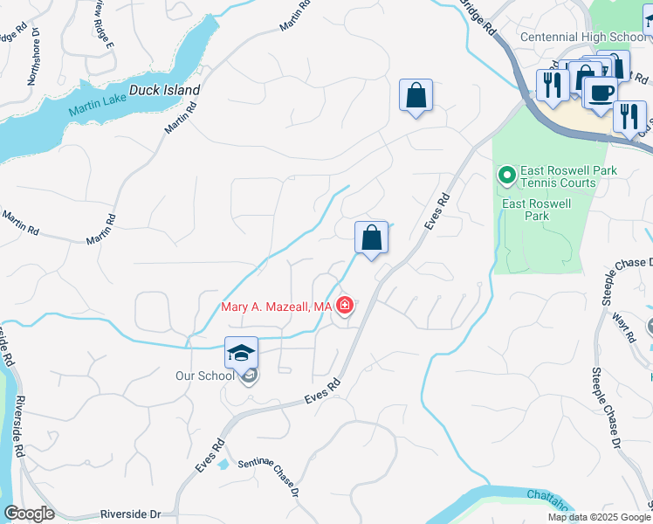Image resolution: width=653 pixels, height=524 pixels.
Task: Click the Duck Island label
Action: click(165, 90)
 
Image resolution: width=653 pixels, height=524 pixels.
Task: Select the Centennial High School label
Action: click(582, 37)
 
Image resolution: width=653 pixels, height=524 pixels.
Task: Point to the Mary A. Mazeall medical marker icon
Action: click(346, 306)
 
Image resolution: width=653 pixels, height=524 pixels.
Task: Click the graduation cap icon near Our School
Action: click(241, 352)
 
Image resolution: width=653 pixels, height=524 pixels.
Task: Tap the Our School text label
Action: click(204, 376)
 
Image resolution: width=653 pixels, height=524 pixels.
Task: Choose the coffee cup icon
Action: click(601, 93)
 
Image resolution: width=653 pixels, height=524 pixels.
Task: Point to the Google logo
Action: click(30, 514)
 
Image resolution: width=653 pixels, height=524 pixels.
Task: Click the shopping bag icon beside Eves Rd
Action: click(371, 237)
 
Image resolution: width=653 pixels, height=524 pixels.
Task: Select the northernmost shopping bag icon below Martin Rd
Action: click(416, 95)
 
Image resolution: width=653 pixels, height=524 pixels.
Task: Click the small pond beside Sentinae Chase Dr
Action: click(224, 464)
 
